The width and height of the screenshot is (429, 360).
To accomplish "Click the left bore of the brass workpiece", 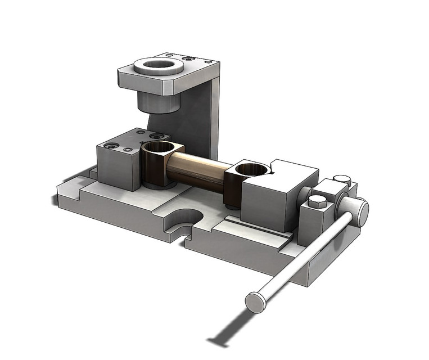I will pyautogui.click(x=158, y=148).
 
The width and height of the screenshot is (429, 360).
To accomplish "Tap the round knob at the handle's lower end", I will pyautogui.click(x=256, y=302).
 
